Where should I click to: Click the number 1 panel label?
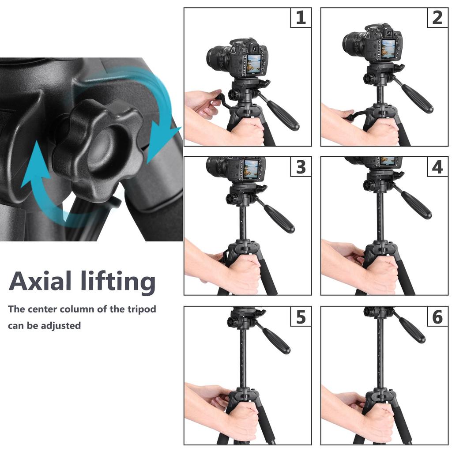(x=301, y=18)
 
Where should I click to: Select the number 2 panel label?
(x=437, y=18)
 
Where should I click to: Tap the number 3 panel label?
(x=301, y=167)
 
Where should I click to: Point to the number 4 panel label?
(x=437, y=167)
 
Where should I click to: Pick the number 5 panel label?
(x=301, y=316)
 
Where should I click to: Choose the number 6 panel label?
(x=437, y=316)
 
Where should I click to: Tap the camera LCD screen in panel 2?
(x=388, y=49)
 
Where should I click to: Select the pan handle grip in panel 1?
(x=283, y=115)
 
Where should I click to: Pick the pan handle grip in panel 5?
(x=276, y=340)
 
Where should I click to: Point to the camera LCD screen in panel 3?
(x=250, y=169)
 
